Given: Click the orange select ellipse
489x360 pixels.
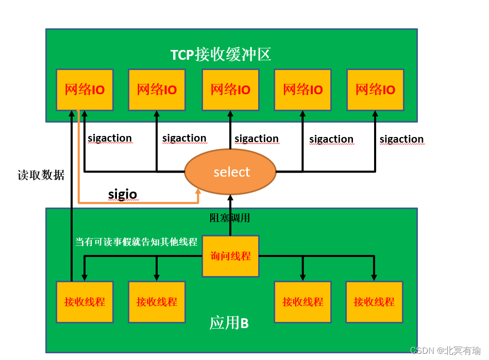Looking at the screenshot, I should (x=231, y=172).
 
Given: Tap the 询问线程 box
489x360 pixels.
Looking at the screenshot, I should (x=230, y=256).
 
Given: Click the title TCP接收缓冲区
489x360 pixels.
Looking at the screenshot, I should (x=221, y=54).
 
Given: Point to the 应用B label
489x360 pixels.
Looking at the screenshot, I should (x=229, y=323).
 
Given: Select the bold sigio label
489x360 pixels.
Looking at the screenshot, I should (x=122, y=194).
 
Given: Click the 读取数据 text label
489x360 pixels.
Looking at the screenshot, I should (x=41, y=175).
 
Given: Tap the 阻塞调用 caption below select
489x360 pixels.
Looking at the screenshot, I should (x=230, y=218).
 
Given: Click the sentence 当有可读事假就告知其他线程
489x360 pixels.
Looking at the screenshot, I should (x=136, y=242).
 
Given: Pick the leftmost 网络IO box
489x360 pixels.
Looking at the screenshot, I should (x=85, y=90).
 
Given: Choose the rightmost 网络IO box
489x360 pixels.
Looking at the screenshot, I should (x=375, y=90).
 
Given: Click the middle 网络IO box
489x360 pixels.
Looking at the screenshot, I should (x=230, y=90).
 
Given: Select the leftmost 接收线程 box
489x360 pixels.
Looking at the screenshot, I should (x=85, y=302).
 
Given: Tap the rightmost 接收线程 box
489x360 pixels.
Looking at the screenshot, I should (x=374, y=302).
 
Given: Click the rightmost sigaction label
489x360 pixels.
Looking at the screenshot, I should (x=401, y=139).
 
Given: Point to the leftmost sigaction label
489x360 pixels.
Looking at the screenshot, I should (x=110, y=138).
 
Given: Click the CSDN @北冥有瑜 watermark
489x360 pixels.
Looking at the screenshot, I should (x=445, y=350).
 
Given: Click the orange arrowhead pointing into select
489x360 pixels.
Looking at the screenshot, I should (x=198, y=192).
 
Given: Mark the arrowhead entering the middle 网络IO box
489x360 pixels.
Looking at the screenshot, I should (x=230, y=114).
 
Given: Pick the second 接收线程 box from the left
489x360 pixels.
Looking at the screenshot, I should (x=157, y=302).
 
